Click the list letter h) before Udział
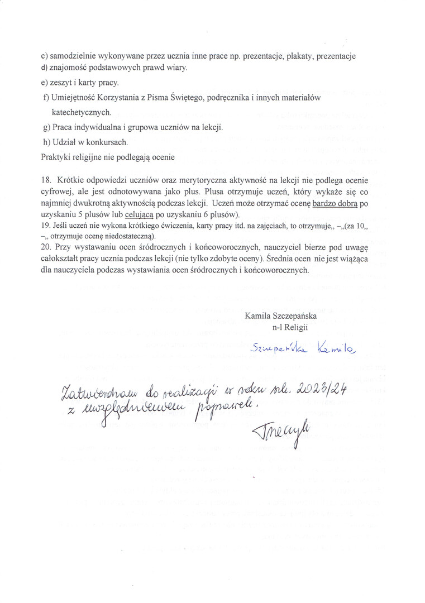pos(46,142)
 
